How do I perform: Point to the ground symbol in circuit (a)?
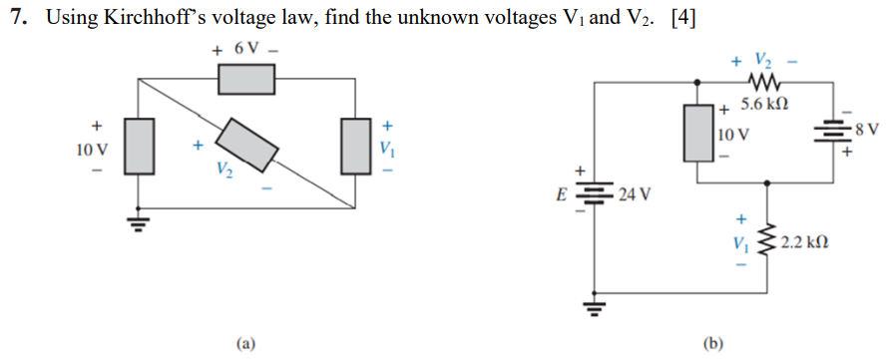139,221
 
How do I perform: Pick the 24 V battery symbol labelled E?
596,193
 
